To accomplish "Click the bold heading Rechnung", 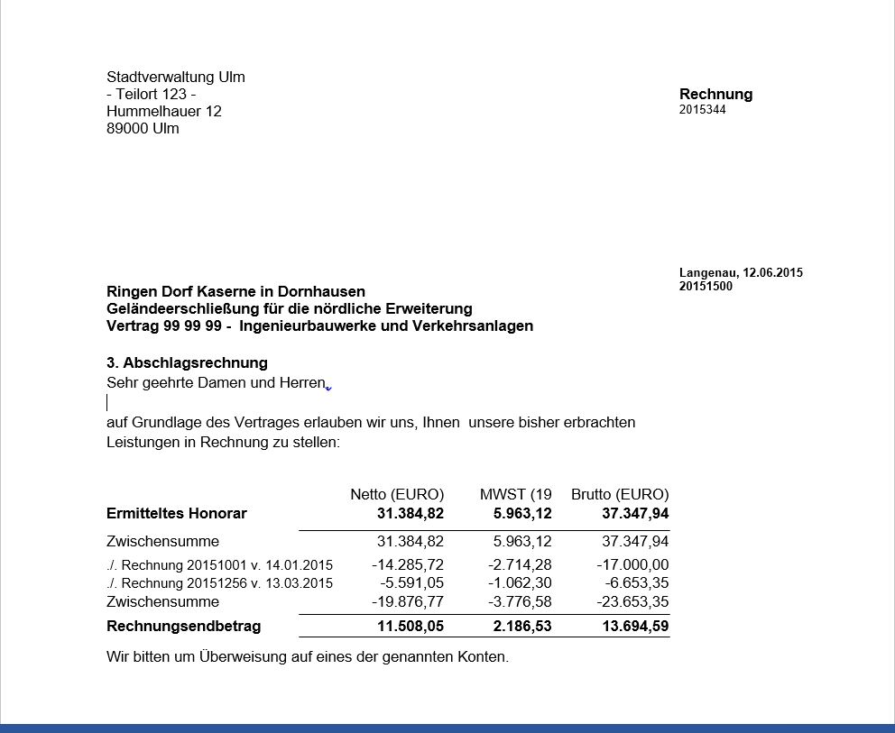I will click(x=715, y=94).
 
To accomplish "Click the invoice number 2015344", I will click(x=702, y=110).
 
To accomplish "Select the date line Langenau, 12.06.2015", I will click(x=741, y=272).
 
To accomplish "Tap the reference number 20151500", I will click(x=706, y=287).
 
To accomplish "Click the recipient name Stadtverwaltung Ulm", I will click(x=175, y=77).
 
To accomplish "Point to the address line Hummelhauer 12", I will click(x=163, y=111).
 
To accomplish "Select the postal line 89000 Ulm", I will click(x=143, y=128).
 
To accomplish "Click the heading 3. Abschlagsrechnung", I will click(x=187, y=362).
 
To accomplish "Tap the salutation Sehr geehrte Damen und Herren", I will click(x=216, y=383).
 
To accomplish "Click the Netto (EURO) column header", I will click(x=397, y=494).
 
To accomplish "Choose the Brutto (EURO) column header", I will click(x=620, y=494).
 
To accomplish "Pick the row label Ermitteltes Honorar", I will click(x=176, y=513).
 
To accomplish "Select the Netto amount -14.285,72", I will click(x=408, y=564).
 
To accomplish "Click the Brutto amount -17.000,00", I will click(x=632, y=564).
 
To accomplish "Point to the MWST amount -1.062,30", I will click(x=519, y=582).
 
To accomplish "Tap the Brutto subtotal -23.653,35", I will click(x=632, y=601).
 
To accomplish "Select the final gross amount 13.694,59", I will click(x=635, y=626).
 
